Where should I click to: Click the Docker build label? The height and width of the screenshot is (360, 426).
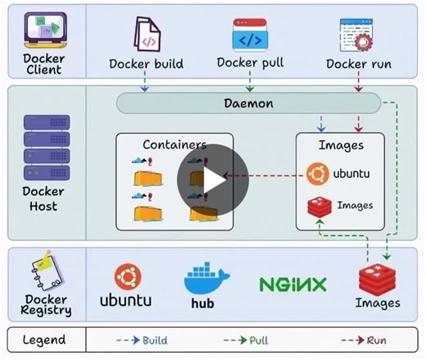[146, 64]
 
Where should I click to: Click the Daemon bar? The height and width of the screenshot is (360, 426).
[248, 103]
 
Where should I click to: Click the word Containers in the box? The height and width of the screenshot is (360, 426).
[174, 144]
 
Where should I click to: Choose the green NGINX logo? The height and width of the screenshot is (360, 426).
[292, 285]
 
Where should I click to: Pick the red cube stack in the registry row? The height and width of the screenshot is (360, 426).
[377, 278]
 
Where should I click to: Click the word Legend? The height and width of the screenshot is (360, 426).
[44, 339]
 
